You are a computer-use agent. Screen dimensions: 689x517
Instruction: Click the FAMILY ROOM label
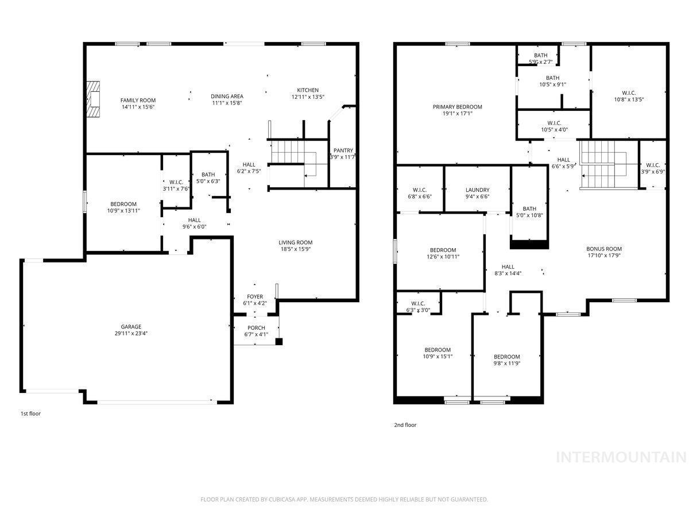tap(138, 101)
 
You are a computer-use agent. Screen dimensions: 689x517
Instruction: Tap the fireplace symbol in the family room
tap(93, 99)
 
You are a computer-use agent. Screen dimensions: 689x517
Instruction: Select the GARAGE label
tap(131, 327)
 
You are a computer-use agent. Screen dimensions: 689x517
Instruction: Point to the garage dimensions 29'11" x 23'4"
tap(131, 333)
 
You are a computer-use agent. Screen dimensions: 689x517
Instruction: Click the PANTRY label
tap(343, 151)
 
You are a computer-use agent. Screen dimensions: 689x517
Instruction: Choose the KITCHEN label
tap(308, 90)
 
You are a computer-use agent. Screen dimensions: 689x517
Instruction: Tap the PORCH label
tap(256, 327)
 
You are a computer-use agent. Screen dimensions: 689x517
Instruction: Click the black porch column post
tap(278, 342)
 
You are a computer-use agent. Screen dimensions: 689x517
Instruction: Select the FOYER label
tap(255, 296)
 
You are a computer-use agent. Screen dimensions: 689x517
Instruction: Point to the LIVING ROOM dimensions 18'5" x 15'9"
tap(295, 249)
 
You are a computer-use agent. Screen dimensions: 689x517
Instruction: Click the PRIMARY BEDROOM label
tap(458, 107)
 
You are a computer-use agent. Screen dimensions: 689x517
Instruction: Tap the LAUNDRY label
tap(478, 190)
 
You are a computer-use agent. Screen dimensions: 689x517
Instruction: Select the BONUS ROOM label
tap(604, 249)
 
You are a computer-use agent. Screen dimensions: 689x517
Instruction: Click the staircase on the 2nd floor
tap(604, 164)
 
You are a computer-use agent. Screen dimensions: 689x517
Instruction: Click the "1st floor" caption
tap(30, 414)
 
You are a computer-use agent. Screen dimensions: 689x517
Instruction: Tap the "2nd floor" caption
tap(405, 425)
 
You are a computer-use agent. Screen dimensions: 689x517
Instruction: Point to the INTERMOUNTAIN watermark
tap(621, 457)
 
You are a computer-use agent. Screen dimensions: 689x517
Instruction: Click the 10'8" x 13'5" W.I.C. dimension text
tap(629, 99)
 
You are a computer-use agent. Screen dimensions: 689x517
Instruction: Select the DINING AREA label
tap(227, 97)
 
